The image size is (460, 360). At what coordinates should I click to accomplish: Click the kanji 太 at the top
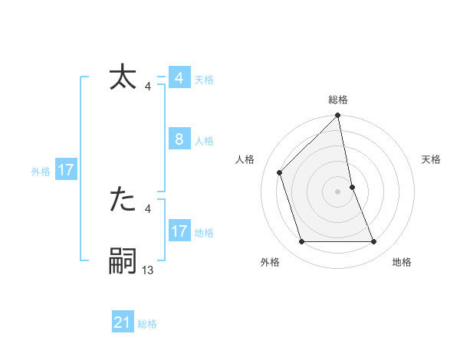(x=123, y=78)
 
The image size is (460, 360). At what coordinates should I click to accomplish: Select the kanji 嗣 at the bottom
(x=123, y=261)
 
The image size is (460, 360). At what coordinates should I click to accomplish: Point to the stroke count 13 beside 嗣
(x=148, y=270)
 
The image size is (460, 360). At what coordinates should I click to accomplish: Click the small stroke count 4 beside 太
(x=148, y=87)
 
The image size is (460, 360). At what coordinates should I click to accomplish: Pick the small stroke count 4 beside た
(x=148, y=208)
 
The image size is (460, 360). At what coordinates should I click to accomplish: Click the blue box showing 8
(x=179, y=139)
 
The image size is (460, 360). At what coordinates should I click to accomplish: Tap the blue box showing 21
(x=123, y=322)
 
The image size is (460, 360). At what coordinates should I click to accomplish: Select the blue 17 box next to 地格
(x=179, y=231)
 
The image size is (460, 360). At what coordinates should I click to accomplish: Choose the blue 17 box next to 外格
(x=66, y=170)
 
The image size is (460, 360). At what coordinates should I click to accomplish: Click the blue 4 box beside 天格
(x=179, y=78)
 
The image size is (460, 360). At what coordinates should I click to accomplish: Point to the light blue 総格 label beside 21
(x=147, y=324)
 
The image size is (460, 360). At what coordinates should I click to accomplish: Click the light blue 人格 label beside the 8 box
(x=204, y=141)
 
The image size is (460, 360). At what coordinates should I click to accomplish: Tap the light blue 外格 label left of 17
(x=41, y=172)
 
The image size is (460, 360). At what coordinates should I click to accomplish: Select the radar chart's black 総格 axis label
(x=338, y=100)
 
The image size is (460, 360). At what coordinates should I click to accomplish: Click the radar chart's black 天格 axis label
(x=432, y=159)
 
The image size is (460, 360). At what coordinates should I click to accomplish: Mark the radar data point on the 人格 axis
(x=280, y=172)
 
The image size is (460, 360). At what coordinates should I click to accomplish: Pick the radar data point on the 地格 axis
(x=374, y=242)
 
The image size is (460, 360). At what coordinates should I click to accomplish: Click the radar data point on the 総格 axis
(x=338, y=116)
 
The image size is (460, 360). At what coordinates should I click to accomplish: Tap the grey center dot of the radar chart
(x=338, y=191)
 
